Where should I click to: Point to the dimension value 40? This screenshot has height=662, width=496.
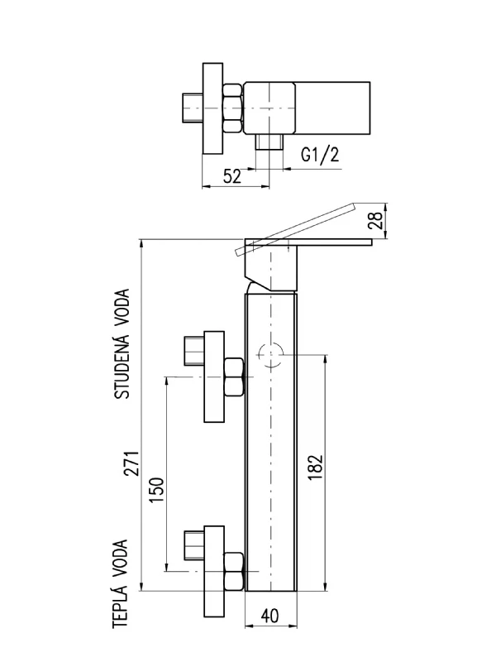(269, 616)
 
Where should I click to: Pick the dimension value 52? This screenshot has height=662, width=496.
(231, 175)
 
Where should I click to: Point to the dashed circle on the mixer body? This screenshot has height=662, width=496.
(269, 356)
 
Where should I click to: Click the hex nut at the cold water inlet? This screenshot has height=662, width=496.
(234, 377)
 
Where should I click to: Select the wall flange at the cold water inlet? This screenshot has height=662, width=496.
(214, 377)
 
